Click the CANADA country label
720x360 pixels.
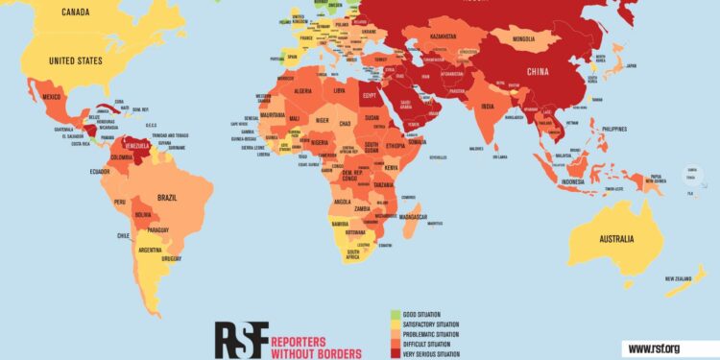pyautogui.click(x=77, y=12)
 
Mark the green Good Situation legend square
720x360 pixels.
pyautogui.click(x=395, y=314)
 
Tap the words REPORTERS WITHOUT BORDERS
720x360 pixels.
pyautogui.click(x=316, y=348)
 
